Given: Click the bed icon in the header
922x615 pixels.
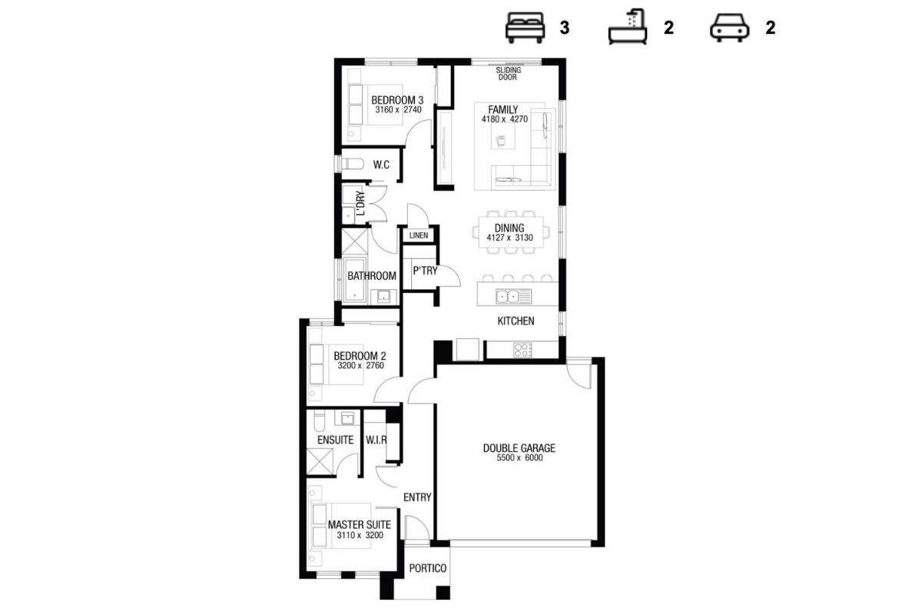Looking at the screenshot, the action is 526,28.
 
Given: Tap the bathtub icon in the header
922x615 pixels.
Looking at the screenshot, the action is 628,26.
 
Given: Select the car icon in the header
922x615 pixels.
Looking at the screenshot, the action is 729,28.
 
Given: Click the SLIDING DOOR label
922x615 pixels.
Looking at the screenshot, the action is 509,74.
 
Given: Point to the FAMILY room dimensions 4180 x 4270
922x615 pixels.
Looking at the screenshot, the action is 505,119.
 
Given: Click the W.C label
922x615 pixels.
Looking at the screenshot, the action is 381,165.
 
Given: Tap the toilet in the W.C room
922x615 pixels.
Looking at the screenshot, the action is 353,165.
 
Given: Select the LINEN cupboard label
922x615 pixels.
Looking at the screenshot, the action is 419,235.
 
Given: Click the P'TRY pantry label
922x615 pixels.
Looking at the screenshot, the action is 425,271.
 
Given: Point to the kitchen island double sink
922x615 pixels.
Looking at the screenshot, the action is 508,296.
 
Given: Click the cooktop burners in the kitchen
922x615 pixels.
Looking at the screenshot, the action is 522,350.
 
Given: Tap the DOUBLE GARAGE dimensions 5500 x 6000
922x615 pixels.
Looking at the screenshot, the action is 519,458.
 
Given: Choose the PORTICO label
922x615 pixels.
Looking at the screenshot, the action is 428,568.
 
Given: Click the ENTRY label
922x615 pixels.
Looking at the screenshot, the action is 417,497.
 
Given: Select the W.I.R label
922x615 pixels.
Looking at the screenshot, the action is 376,440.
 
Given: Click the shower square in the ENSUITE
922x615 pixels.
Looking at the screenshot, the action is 320,461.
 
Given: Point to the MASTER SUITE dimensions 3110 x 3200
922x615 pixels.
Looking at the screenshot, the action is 360,535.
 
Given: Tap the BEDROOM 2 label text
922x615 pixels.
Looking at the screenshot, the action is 360,355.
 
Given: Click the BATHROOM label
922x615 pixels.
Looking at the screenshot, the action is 372,276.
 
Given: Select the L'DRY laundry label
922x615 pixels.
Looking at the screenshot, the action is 360,203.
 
